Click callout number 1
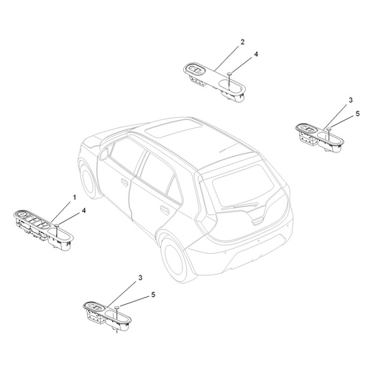point(73,197)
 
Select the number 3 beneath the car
point(141,277)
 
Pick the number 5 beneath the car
point(152,294)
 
